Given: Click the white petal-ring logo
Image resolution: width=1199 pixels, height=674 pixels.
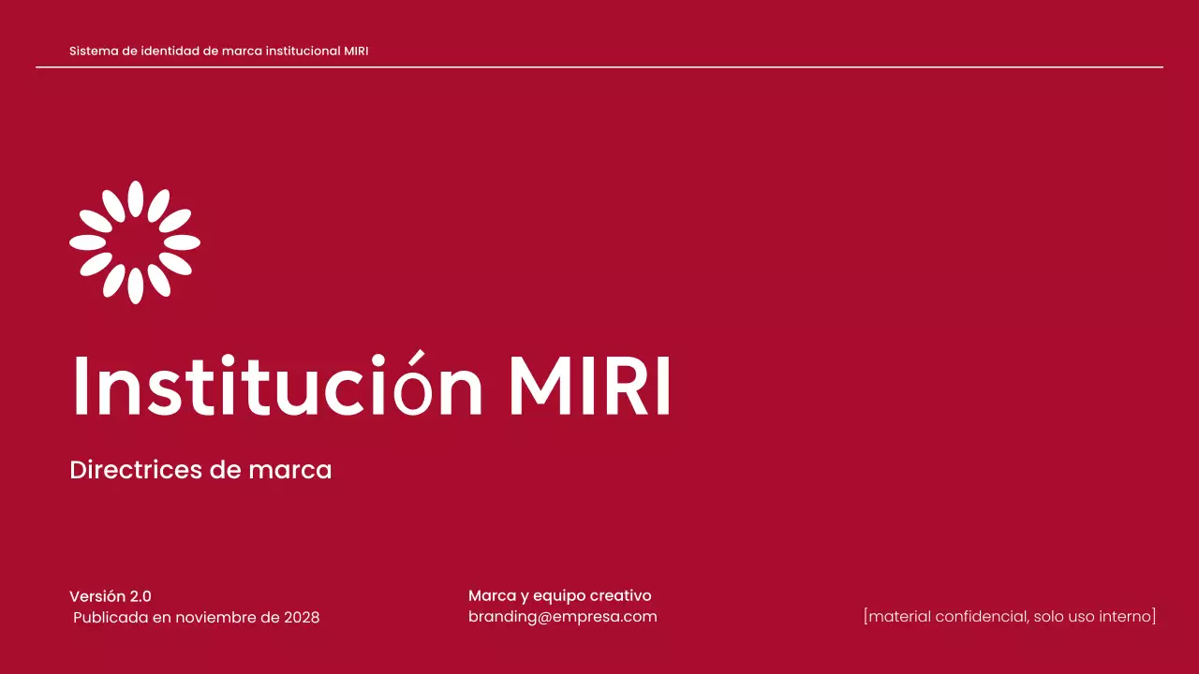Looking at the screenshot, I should pyautogui.click(x=135, y=242).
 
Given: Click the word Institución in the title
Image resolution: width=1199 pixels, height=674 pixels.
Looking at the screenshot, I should pyautogui.click(x=277, y=386).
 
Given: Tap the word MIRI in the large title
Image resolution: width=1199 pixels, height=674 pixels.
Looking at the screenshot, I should pyautogui.click(x=589, y=386).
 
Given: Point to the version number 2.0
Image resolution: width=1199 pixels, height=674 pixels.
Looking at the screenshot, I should pyautogui.click(x=141, y=596).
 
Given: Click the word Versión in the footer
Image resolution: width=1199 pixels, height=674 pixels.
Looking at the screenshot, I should pyautogui.click(x=97, y=596).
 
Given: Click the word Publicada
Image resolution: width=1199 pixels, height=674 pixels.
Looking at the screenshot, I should pyautogui.click(x=111, y=618).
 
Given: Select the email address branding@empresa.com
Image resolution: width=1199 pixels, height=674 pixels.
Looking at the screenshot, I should pyautogui.click(x=562, y=617).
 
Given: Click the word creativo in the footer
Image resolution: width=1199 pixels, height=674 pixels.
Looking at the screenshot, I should pyautogui.click(x=620, y=596).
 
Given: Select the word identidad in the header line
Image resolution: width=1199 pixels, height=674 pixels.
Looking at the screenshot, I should pyautogui.click(x=170, y=51).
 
